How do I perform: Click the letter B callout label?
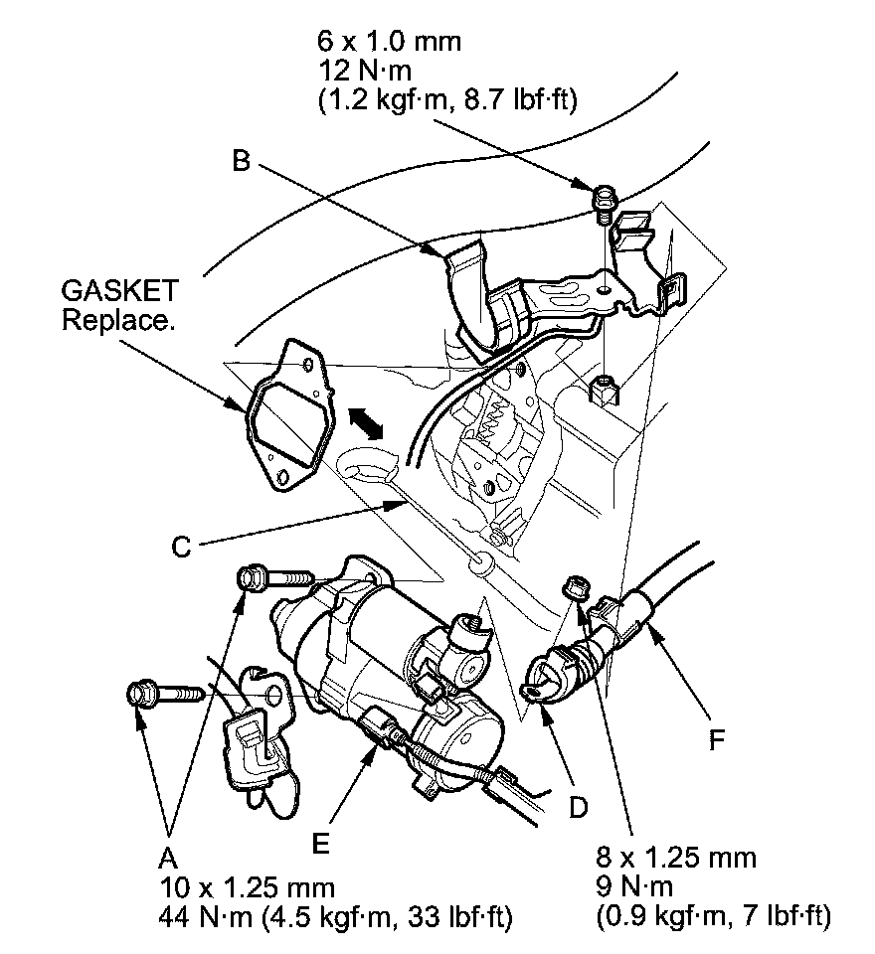coord(240,162)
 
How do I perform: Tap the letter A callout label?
coord(168,857)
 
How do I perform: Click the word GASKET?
coord(119,292)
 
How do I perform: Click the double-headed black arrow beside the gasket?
coord(367,422)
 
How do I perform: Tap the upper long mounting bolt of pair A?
coord(273,577)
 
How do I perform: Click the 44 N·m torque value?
coord(206,913)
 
